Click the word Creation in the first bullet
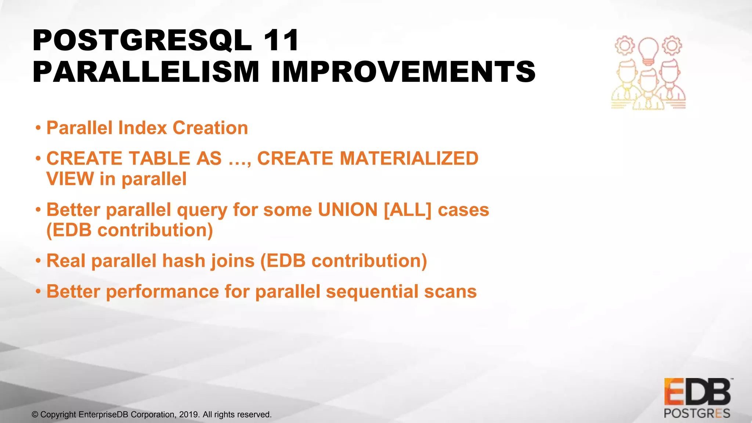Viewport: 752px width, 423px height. (x=210, y=128)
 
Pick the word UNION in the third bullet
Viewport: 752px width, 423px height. (x=348, y=210)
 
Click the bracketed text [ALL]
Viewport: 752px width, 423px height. (x=407, y=210)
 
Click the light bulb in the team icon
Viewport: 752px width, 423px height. (x=648, y=50)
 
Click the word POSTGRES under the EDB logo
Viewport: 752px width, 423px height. (x=697, y=413)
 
